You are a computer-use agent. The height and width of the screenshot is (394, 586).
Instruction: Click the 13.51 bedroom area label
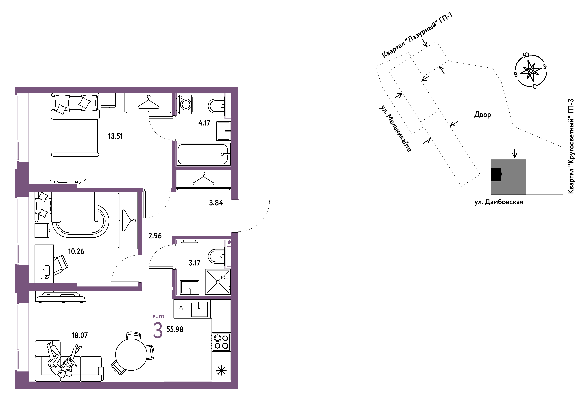[115, 136]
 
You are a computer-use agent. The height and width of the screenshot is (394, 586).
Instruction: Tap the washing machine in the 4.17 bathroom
[185, 104]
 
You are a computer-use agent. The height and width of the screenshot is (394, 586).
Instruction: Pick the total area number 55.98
[175, 329]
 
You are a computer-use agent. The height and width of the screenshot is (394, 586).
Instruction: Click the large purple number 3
[158, 331]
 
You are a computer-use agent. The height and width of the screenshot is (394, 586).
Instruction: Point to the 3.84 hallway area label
[216, 203]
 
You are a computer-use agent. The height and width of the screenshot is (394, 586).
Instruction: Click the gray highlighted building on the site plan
[508, 177]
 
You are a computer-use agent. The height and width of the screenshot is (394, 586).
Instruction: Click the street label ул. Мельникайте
[395, 129]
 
